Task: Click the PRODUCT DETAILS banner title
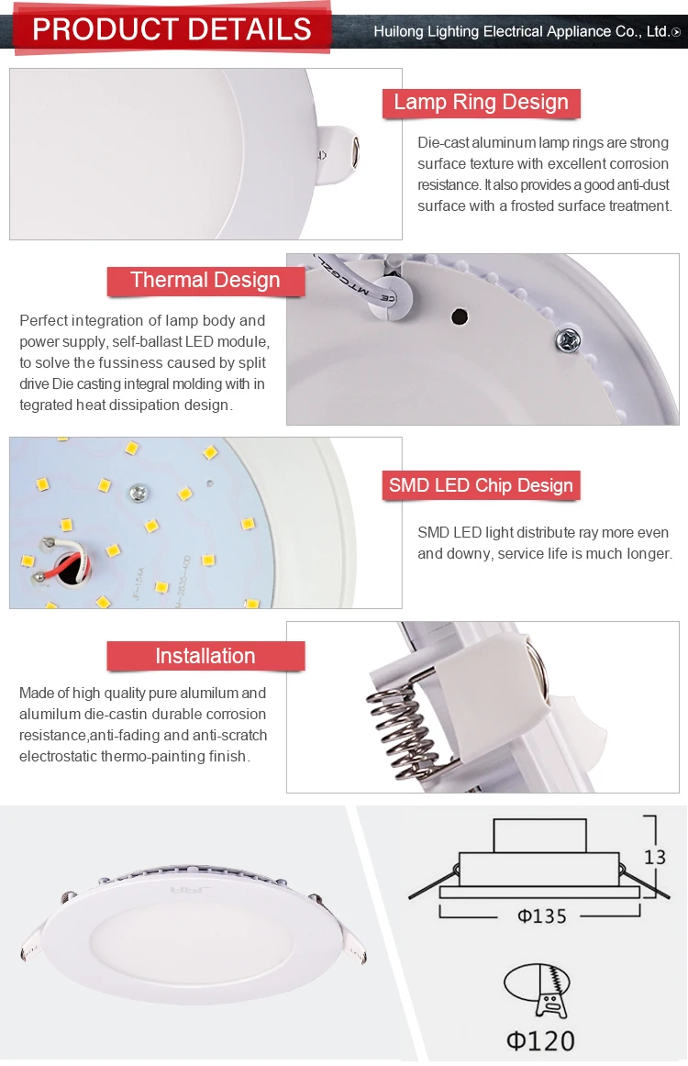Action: click(172, 29)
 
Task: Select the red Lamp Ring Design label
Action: click(481, 103)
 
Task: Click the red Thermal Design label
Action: click(205, 281)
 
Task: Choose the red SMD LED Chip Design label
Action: click(481, 486)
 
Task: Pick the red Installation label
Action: click(205, 656)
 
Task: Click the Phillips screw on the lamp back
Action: click(565, 340)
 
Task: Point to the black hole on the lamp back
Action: click(459, 317)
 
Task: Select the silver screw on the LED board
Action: click(139, 493)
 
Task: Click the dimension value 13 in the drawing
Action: click(654, 857)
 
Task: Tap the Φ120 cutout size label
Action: click(541, 1040)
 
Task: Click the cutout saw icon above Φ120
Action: click(538, 990)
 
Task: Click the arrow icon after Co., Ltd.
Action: click(676, 32)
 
